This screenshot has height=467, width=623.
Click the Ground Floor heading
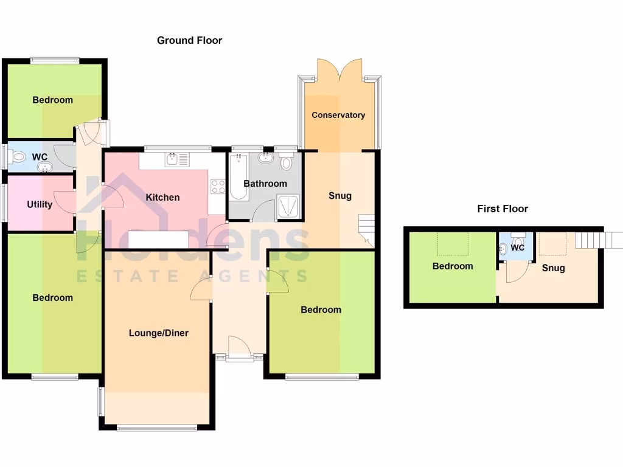189,41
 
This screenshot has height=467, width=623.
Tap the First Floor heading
502,209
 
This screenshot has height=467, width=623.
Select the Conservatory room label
338,115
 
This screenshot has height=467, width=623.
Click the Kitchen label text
162,197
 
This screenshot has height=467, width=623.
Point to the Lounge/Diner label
158,333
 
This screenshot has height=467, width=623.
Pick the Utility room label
40,204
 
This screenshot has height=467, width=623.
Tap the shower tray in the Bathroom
289,206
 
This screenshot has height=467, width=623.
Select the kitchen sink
176,160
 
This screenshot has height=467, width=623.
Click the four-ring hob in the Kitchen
217,187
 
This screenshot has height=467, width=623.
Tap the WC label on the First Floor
518,248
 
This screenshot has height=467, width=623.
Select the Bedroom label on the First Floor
452,266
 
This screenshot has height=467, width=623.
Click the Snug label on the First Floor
553,268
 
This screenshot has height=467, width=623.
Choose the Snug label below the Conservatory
339,196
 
